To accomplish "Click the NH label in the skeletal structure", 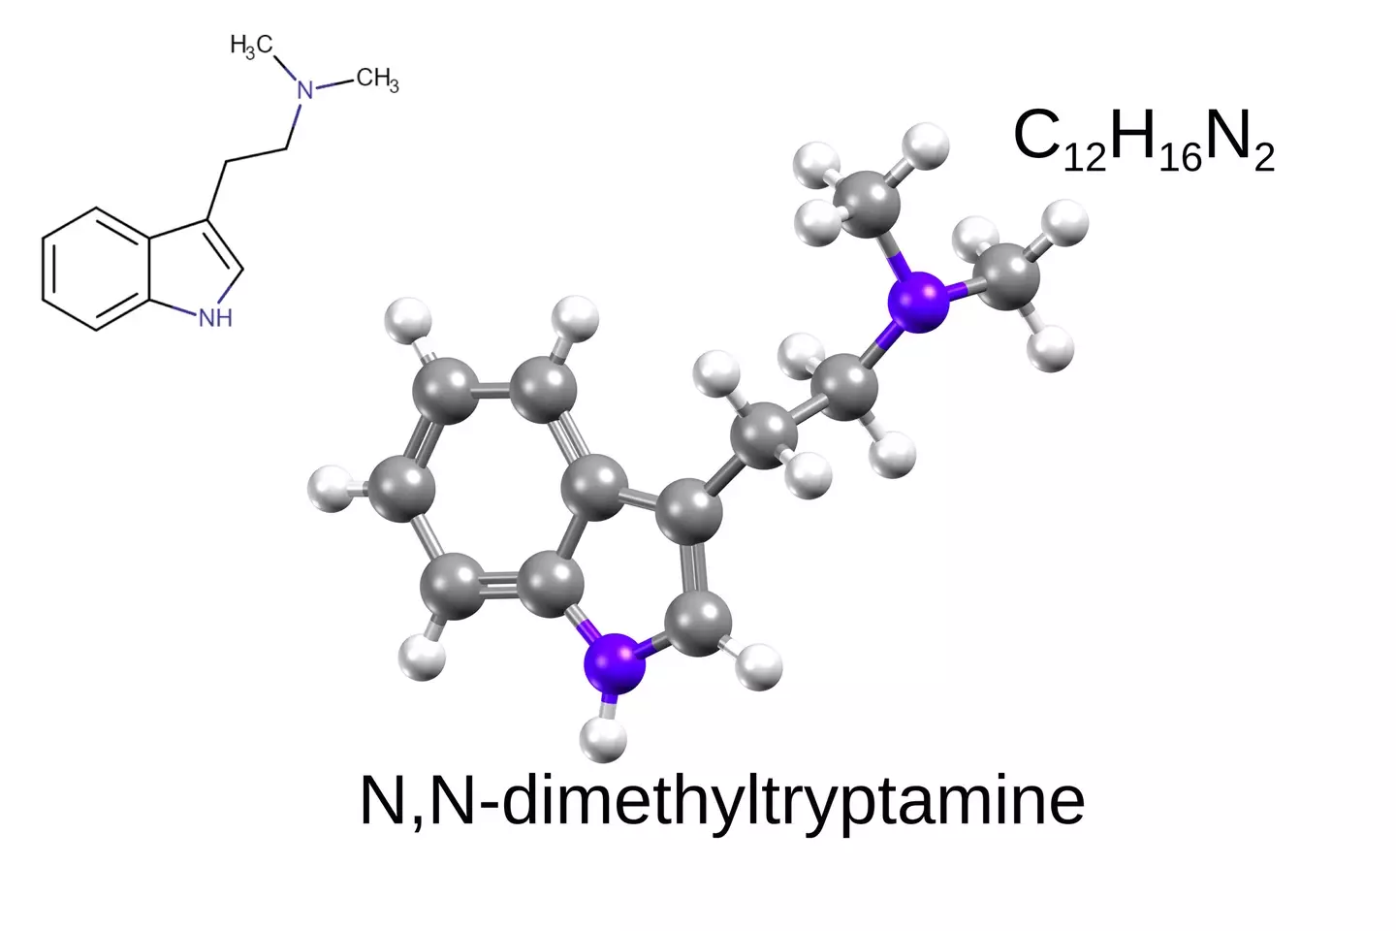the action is pos(215,318).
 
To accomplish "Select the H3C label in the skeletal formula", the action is pos(251,47).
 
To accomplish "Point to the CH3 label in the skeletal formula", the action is pos(378,80).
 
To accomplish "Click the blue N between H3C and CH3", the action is pos(304,90).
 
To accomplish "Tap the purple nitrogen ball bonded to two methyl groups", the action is pos(919,302).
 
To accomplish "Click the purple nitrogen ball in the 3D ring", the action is pos(615,663).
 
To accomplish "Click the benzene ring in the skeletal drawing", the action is pos(96,269).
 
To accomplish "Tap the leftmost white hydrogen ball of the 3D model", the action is pos(331,490).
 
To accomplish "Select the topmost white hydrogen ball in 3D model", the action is pos(926,146).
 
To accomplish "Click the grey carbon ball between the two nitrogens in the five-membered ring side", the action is pos(698,623).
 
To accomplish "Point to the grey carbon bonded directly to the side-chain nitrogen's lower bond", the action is pos(845,387).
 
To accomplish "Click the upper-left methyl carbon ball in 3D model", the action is pos(868,202).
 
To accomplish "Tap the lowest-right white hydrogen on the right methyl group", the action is pos(1051,348).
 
